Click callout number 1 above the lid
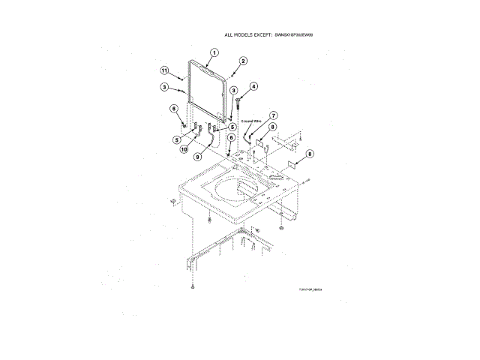point(214,52)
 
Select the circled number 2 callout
point(243,61)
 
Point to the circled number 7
point(273,115)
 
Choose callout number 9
point(197,157)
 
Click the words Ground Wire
point(250,120)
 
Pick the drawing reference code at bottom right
point(310,278)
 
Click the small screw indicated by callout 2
point(233,73)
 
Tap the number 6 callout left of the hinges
point(173,108)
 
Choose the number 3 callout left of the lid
point(163,88)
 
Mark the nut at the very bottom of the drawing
point(193,287)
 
